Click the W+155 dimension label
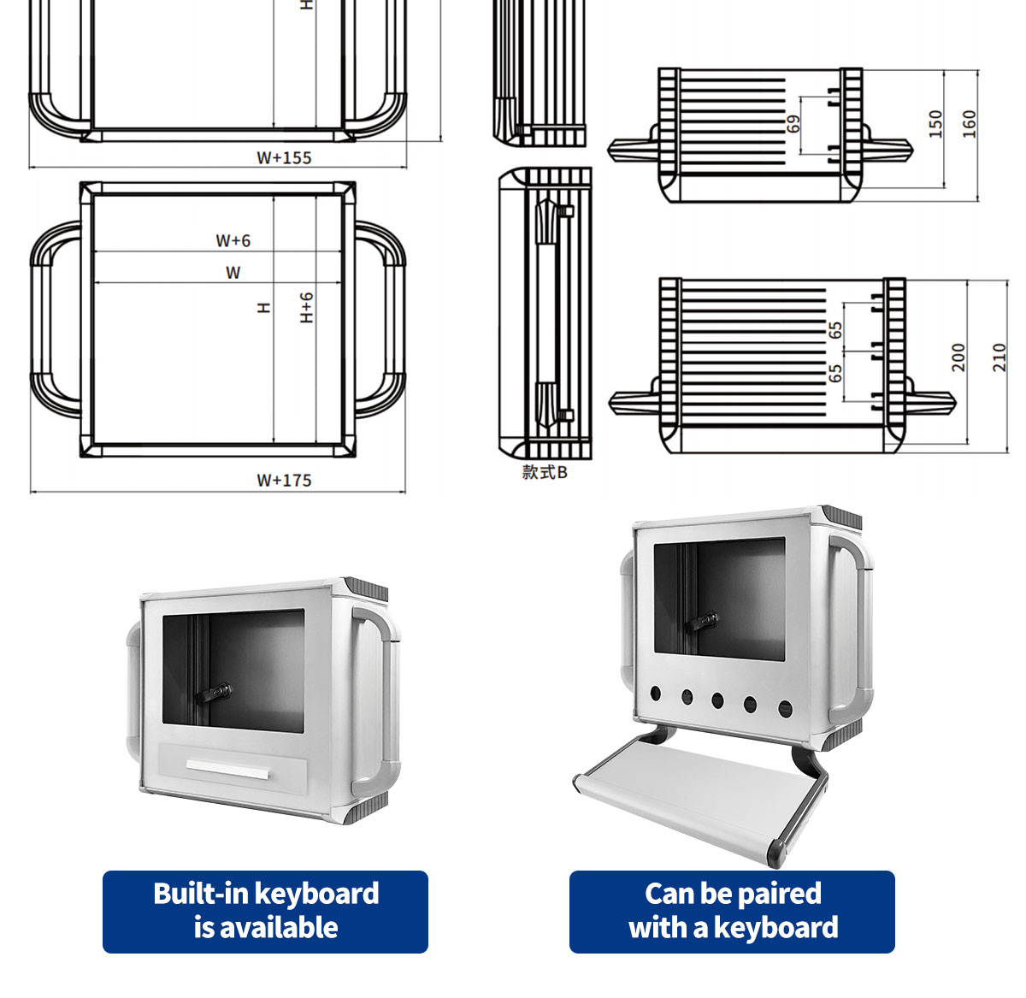[x=284, y=157]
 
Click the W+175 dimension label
[x=284, y=480]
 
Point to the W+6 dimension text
[x=233, y=240]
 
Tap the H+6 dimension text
[x=307, y=307]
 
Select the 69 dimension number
[x=793, y=124]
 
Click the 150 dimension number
[x=935, y=124]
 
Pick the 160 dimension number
[x=969, y=124]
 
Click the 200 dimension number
[x=958, y=357]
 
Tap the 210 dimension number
[x=999, y=357]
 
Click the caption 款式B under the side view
[x=545, y=472]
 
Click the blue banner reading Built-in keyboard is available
[x=265, y=911]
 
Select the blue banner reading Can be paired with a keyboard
[x=732, y=911]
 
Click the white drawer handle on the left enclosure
[x=227, y=770]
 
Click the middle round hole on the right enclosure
[x=717, y=702]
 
